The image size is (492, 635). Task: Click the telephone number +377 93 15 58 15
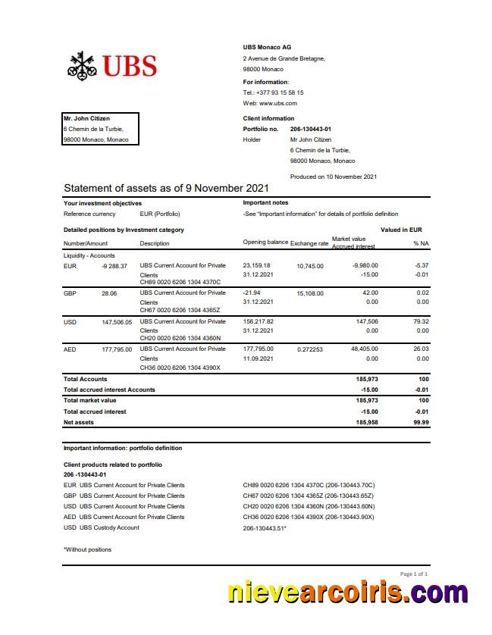point(279,92)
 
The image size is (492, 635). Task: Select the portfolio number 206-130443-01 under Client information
point(311,129)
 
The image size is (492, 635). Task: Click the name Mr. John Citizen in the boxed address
point(86,118)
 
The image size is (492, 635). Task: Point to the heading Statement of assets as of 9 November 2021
point(166,188)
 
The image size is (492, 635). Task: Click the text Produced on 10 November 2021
point(333,177)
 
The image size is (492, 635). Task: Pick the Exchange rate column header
point(309,242)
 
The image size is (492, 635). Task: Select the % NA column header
point(421,243)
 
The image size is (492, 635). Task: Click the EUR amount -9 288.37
point(114,266)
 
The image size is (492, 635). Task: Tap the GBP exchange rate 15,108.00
point(310,293)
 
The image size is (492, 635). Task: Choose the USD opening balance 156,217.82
point(258,321)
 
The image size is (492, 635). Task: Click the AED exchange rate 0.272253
point(310,349)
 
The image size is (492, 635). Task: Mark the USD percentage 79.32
point(422,321)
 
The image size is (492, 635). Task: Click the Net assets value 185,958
point(366,422)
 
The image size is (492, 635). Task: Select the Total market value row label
point(89,400)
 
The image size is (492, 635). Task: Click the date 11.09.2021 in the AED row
point(258,358)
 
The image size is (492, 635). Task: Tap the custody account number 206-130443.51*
point(265,527)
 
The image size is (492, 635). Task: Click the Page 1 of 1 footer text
point(413,574)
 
